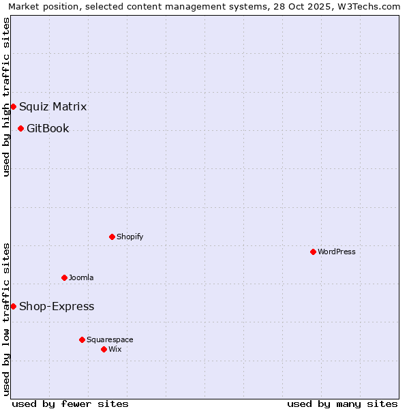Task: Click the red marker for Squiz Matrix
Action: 13,106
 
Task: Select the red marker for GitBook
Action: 20,128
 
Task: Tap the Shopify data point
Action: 112,237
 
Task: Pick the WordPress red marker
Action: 313,252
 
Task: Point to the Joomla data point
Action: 64,277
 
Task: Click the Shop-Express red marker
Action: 13,306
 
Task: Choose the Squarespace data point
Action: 82,339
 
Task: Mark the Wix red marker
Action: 104,349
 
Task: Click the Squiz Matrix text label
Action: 52,106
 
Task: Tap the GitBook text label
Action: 48,128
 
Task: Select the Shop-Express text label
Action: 57,306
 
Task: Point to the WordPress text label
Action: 337,252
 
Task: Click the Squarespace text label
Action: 110,339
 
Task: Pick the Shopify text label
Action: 130,237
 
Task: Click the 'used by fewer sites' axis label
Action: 70,404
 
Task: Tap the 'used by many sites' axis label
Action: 342,404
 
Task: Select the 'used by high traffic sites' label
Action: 6,97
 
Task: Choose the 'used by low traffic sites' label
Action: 6,319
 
